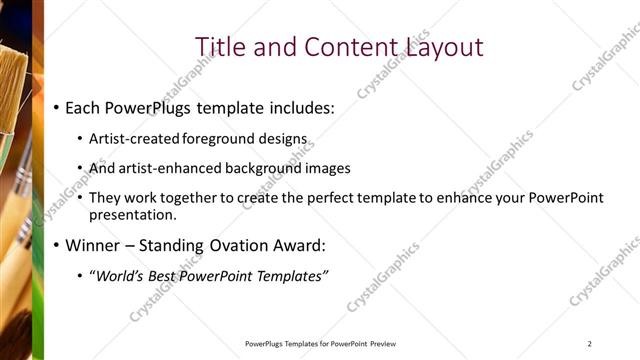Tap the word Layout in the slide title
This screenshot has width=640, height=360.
click(x=444, y=47)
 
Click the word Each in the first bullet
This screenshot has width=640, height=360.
click(x=86, y=106)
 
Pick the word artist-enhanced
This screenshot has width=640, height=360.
click(x=168, y=168)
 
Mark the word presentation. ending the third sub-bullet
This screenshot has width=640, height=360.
click(x=133, y=214)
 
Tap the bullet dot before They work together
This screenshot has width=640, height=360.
click(x=81, y=199)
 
